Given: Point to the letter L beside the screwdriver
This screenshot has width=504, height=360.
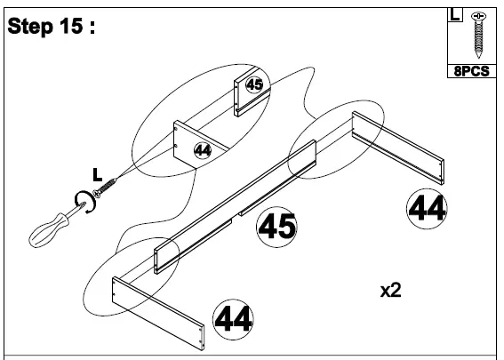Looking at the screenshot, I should (99, 173).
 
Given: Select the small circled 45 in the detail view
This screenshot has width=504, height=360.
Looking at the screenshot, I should (254, 85).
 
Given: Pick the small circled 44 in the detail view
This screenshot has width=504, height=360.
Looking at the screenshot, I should (203, 149).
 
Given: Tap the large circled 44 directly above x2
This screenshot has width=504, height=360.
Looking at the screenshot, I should (427, 208).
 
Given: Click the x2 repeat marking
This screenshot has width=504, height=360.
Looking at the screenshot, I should (391, 291).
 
